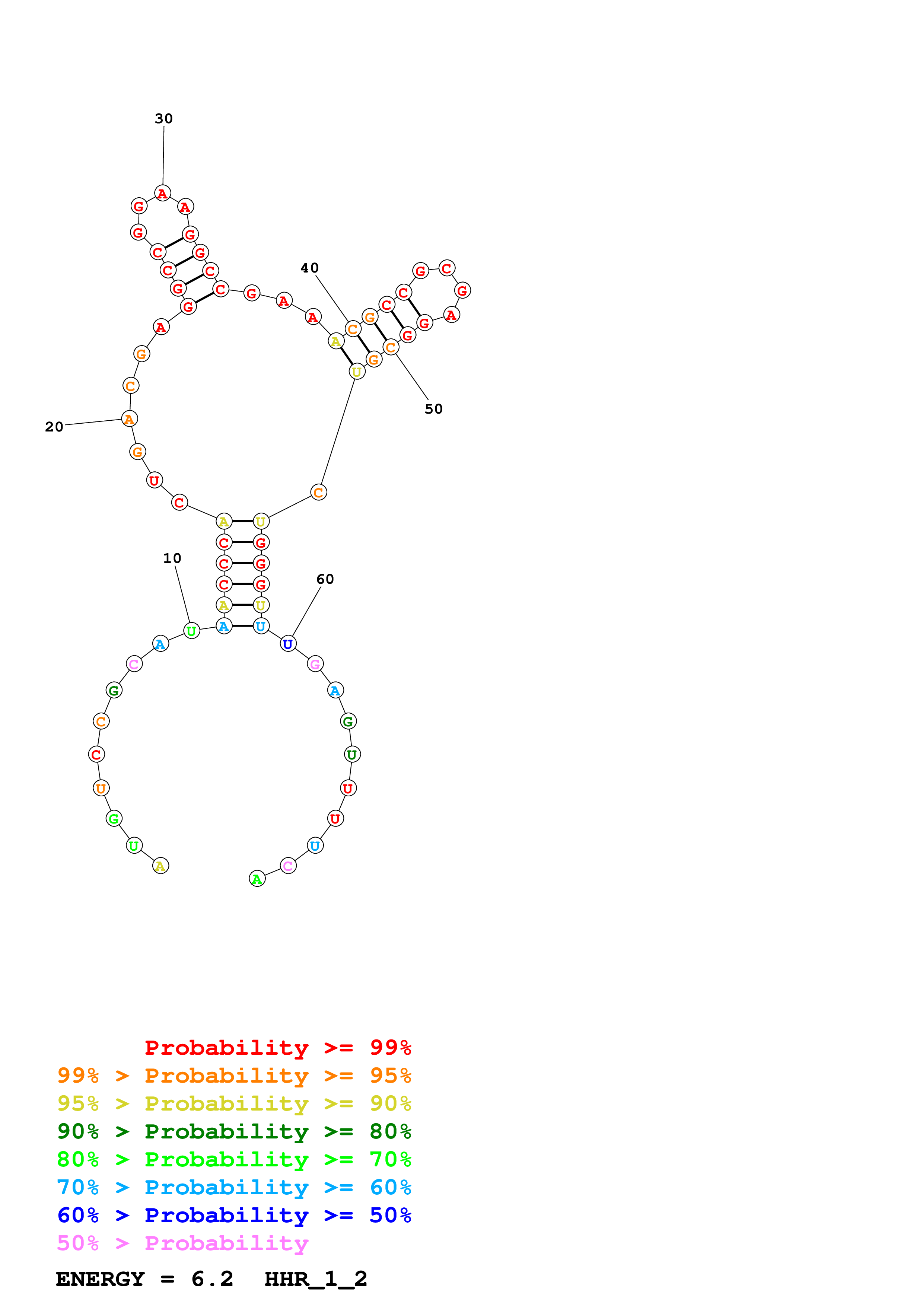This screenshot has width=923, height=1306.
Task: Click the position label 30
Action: pos(164,118)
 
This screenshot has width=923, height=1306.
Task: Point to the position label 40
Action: pos(309,268)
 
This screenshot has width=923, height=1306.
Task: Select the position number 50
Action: pos(433,409)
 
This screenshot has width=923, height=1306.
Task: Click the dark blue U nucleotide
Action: pos(288,644)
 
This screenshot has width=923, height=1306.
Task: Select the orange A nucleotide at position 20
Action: pos(130,419)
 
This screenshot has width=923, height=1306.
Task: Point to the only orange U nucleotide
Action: pos(101,789)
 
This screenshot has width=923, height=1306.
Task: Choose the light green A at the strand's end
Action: pos(257,879)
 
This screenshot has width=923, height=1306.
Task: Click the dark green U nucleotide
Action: pos(352,755)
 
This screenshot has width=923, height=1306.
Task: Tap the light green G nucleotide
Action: pos(114,819)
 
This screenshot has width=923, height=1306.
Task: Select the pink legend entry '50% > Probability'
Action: pos(182,1243)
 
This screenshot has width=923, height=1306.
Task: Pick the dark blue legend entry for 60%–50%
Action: pos(234,1215)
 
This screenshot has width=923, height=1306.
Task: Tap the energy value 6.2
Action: pos(212,1279)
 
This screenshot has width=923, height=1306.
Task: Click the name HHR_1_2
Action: pos(316,1279)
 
